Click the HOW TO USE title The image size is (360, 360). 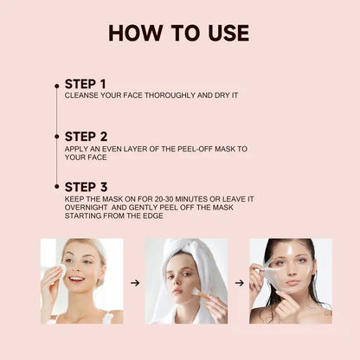click(179, 33)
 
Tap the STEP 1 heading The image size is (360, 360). click(86, 84)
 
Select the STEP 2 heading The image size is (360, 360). click(86, 137)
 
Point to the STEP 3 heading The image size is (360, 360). click(86, 187)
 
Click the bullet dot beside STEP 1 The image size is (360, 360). click(57, 86)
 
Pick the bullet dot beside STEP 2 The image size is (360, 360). click(57, 137)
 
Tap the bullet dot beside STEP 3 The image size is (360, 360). click(57, 187)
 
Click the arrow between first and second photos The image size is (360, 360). click(135, 283)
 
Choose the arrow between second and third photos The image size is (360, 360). click(240, 283)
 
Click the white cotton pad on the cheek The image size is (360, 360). click(62, 271)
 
